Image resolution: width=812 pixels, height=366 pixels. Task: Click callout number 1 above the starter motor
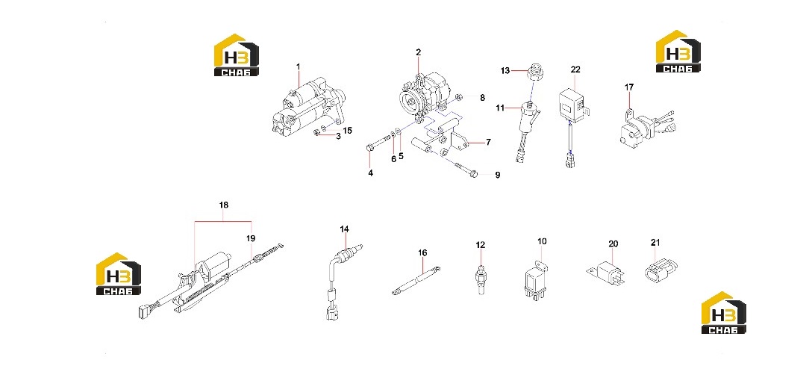tap(299, 66)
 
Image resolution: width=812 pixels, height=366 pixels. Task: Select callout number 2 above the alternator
tap(419, 52)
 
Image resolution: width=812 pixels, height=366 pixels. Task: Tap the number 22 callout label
tap(576, 69)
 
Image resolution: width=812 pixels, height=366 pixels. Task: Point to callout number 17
tap(629, 87)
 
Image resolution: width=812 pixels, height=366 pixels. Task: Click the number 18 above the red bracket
tap(224, 205)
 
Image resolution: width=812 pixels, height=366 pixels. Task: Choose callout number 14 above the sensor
tap(345, 229)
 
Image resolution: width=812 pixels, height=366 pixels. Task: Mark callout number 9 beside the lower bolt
tap(498, 176)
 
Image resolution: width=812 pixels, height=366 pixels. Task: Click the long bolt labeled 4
tap(378, 145)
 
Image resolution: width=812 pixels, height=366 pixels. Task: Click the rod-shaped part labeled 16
tap(416, 280)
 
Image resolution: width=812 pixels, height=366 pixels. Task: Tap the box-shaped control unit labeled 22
tap(572, 102)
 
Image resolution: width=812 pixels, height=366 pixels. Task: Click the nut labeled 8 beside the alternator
tap(459, 97)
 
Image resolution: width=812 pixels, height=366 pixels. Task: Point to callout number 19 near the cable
tap(251, 238)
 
